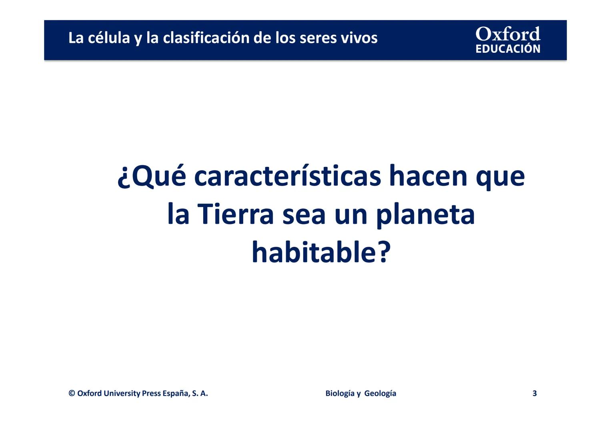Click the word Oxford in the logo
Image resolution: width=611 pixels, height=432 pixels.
(508, 34)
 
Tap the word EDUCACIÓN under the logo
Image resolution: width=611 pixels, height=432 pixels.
(508, 49)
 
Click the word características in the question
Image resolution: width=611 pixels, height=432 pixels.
(287, 176)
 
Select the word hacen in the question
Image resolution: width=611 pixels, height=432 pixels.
(428, 176)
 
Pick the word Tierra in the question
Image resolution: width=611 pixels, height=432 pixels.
(236, 214)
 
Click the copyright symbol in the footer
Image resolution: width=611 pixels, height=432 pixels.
(72, 393)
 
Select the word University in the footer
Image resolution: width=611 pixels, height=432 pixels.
(122, 393)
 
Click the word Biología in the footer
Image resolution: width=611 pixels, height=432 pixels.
(340, 393)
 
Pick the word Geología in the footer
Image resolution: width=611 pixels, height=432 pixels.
(380, 393)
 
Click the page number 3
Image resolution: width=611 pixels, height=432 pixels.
(535, 393)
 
